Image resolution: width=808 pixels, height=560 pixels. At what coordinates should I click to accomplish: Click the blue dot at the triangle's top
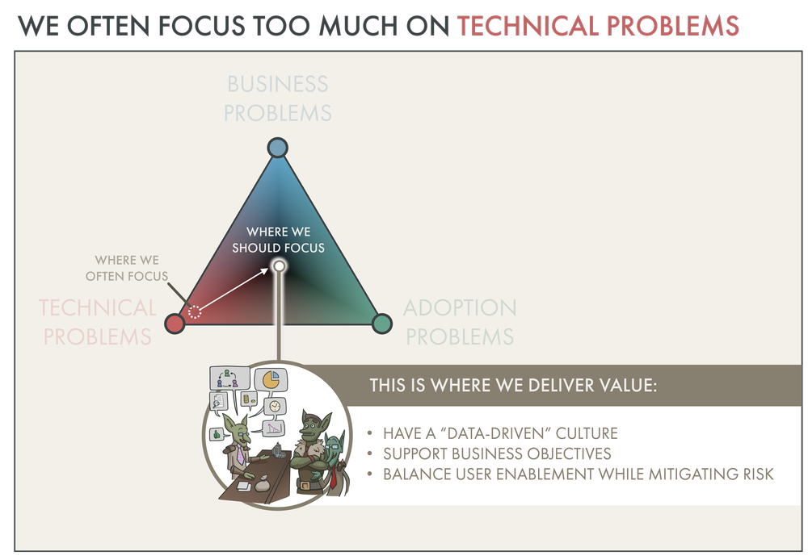point(277,148)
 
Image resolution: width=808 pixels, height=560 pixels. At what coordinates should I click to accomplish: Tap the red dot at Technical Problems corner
point(174,324)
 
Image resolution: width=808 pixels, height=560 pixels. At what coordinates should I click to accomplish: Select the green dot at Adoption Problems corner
point(381,324)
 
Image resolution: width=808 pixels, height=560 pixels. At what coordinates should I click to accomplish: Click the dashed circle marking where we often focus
point(194,312)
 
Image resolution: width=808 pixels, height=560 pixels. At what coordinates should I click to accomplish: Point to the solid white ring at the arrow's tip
point(279,265)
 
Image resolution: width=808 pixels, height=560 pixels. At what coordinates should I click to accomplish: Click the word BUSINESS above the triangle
point(277,85)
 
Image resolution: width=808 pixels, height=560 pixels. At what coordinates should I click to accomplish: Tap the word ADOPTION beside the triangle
point(460,307)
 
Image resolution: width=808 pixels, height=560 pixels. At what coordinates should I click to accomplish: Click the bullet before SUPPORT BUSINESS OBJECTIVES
point(369,453)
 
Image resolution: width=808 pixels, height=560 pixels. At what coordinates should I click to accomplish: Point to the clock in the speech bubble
point(275,406)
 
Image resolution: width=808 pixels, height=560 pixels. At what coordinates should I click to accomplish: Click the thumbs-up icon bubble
point(217,434)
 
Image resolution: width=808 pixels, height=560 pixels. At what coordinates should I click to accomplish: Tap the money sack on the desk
point(263,484)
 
